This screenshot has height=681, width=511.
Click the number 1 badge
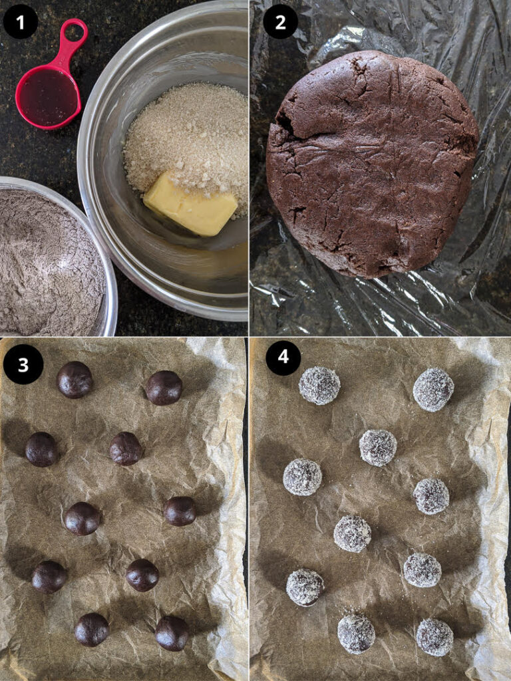(x=21, y=21)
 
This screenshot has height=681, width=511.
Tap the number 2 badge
(x=280, y=21)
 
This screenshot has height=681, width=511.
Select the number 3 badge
(x=23, y=364)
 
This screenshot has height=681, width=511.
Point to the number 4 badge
(x=283, y=357)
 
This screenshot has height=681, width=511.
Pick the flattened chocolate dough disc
(x=371, y=164)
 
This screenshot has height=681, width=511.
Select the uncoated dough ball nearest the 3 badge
(x=75, y=380)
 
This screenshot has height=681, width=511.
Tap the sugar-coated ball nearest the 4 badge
(x=319, y=385)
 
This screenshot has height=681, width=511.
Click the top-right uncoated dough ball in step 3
(x=164, y=388)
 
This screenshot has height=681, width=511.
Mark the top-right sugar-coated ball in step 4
(x=433, y=390)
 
